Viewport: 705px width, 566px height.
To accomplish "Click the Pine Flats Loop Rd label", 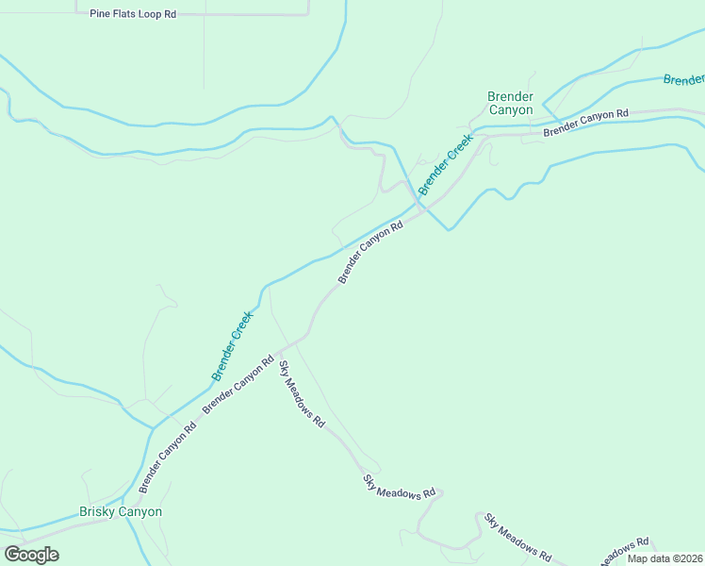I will pyautogui.click(x=133, y=15).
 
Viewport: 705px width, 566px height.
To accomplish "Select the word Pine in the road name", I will pyautogui.click(x=100, y=15).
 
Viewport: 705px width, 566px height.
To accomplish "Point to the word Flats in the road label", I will pyautogui.click(x=124, y=15).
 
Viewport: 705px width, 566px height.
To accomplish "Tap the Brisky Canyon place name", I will pyautogui.click(x=120, y=512).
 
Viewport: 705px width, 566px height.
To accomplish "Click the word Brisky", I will pyautogui.click(x=98, y=512).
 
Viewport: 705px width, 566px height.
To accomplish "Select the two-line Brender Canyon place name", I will pyautogui.click(x=510, y=104).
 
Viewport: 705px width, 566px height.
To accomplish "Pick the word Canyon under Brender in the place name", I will pyautogui.click(x=510, y=110).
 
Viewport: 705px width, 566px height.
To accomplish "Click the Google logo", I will pyautogui.click(x=31, y=555).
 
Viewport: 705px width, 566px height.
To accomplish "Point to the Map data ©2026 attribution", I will pyautogui.click(x=664, y=558).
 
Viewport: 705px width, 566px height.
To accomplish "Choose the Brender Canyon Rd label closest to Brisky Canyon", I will pyautogui.click(x=168, y=456).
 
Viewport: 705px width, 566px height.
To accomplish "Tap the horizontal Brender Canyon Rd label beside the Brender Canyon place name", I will pyautogui.click(x=585, y=123).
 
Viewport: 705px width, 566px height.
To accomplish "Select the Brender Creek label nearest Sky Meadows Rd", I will pyautogui.click(x=233, y=345).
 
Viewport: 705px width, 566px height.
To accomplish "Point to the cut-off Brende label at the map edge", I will pyautogui.click(x=683, y=80).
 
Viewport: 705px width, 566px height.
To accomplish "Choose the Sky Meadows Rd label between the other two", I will pyautogui.click(x=400, y=488).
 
